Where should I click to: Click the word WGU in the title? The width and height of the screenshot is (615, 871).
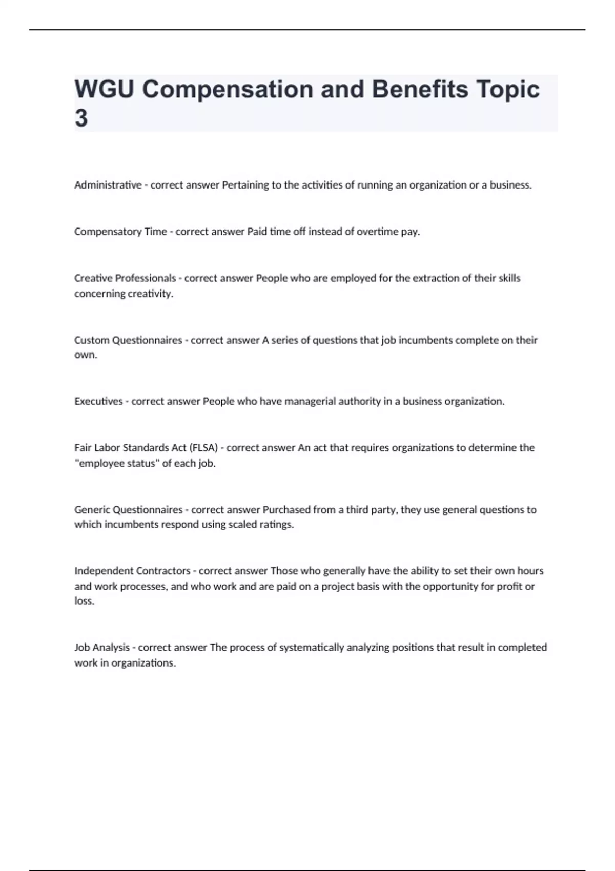click(x=104, y=90)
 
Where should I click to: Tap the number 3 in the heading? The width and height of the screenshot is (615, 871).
click(x=81, y=119)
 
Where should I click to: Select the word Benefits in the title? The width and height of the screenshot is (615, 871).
click(x=420, y=90)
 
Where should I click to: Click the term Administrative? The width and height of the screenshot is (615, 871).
click(x=108, y=185)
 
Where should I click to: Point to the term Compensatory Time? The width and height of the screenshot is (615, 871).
click(x=120, y=232)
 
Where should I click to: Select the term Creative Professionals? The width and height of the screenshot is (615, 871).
click(x=125, y=278)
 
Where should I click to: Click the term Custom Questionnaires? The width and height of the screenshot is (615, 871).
click(x=128, y=340)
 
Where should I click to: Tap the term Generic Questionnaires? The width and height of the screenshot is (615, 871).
click(x=128, y=510)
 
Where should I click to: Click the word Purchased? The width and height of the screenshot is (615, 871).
click(x=287, y=510)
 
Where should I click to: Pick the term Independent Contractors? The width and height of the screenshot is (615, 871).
click(x=132, y=571)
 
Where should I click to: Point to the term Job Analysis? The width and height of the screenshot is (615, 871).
click(x=102, y=648)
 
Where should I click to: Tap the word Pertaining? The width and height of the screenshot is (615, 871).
click(x=245, y=185)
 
